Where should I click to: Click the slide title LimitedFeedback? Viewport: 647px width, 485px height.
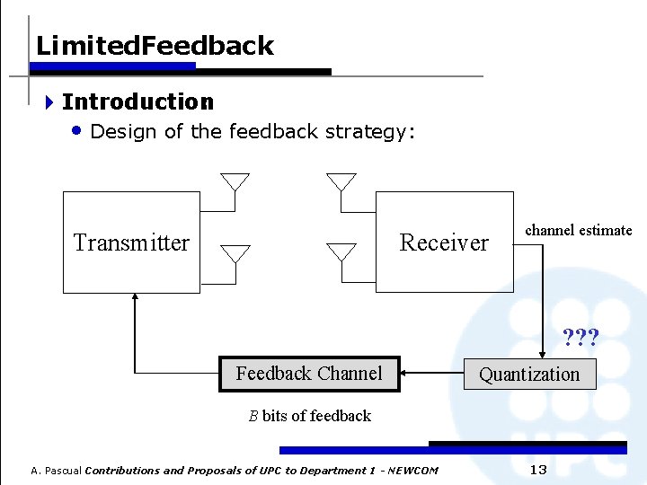pyautogui.click(x=155, y=46)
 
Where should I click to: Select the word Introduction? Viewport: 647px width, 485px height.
pyautogui.click(x=137, y=102)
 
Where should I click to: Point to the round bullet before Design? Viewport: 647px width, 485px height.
pyautogui.click(x=76, y=131)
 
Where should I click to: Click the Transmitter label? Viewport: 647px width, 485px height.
pyautogui.click(x=131, y=242)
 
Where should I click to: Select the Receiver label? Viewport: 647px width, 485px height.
pyautogui.click(x=444, y=242)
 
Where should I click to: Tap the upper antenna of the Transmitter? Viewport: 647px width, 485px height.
pyautogui.click(x=235, y=182)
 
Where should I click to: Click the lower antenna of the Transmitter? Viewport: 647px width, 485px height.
pyautogui.click(x=235, y=254)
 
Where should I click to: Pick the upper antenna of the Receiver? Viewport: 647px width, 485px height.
pyautogui.click(x=341, y=182)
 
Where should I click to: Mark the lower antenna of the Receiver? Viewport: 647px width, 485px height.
pyautogui.click(x=341, y=252)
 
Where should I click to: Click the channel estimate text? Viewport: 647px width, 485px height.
pyautogui.click(x=579, y=231)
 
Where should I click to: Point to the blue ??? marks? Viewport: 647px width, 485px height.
pyautogui.click(x=581, y=339)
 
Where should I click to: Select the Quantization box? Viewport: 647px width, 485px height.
pyautogui.click(x=529, y=375)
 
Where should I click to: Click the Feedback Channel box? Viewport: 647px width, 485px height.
pyautogui.click(x=309, y=374)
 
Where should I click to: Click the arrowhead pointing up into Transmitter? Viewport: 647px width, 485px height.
pyautogui.click(x=134, y=299)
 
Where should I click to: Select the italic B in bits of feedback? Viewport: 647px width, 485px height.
pyautogui.click(x=253, y=416)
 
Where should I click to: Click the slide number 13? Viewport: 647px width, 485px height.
pyautogui.click(x=538, y=470)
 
